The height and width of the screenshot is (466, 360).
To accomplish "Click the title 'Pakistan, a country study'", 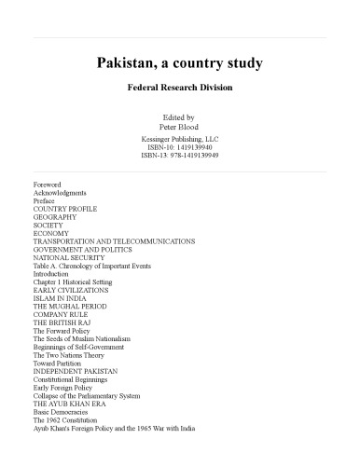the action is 180,64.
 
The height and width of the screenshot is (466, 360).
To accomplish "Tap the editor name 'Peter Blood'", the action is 180,127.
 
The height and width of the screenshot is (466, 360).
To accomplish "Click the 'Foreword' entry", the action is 48,185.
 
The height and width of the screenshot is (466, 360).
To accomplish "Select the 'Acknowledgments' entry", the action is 60,193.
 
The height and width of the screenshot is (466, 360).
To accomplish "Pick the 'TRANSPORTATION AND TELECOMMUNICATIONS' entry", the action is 114,241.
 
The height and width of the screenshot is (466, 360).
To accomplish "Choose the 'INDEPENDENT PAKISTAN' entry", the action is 76,372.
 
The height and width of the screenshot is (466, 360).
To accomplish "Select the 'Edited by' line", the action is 180,117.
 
